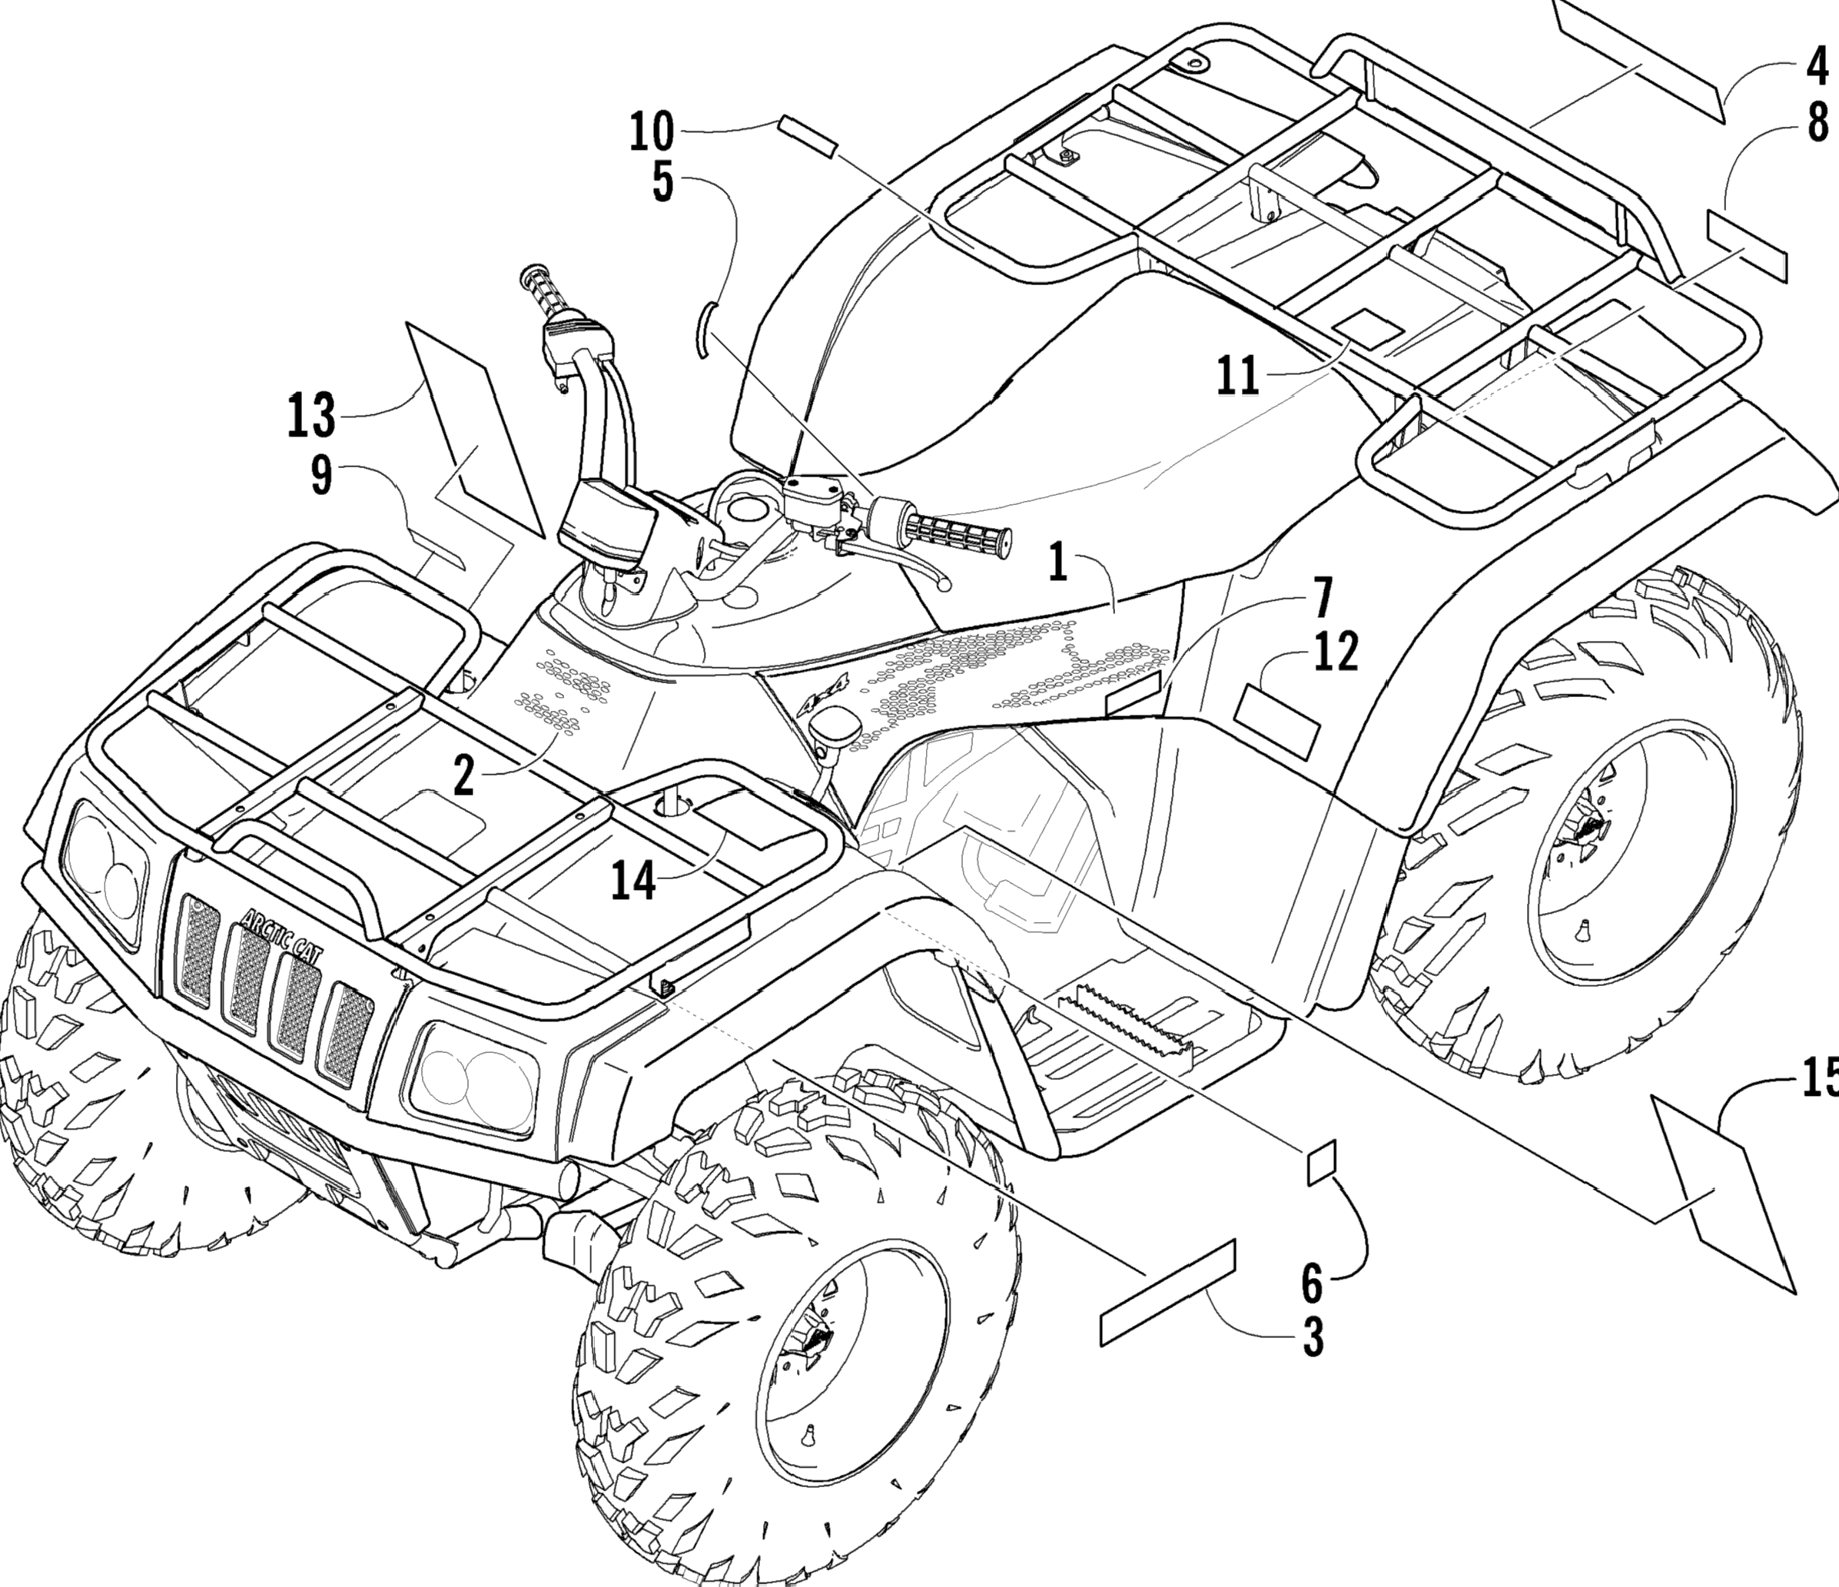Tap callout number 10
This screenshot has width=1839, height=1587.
652,131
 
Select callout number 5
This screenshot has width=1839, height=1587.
663,184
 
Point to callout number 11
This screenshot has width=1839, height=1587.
1238,376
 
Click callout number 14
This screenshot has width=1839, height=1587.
634,881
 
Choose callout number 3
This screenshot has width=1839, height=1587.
1313,1334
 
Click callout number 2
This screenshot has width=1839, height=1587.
463,777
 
